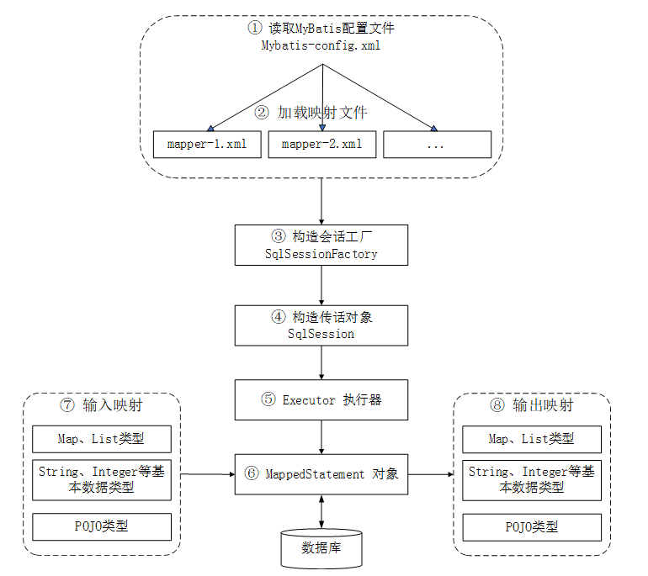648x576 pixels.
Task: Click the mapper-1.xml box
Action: [x=207, y=144]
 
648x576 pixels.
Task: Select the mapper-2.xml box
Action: [x=322, y=144]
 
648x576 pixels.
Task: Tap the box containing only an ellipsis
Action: [x=437, y=144]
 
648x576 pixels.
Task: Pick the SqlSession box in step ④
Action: [x=321, y=325]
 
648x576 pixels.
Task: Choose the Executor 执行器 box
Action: [x=321, y=400]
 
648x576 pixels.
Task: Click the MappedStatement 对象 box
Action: [x=321, y=474]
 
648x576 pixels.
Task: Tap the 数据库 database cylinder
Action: [x=321, y=548]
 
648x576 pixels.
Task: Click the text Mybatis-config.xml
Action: [x=321, y=46]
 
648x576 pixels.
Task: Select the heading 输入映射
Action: [x=102, y=405]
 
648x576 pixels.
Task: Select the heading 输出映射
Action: [x=533, y=405]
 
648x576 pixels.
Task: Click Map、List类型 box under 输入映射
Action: [x=102, y=439]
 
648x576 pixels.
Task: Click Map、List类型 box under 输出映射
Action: [x=533, y=439]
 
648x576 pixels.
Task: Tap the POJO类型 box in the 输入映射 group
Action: [x=102, y=527]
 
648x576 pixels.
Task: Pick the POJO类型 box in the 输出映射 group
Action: [x=533, y=527]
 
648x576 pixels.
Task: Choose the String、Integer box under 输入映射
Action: [x=102, y=479]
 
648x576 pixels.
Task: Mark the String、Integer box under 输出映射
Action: [x=533, y=479]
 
